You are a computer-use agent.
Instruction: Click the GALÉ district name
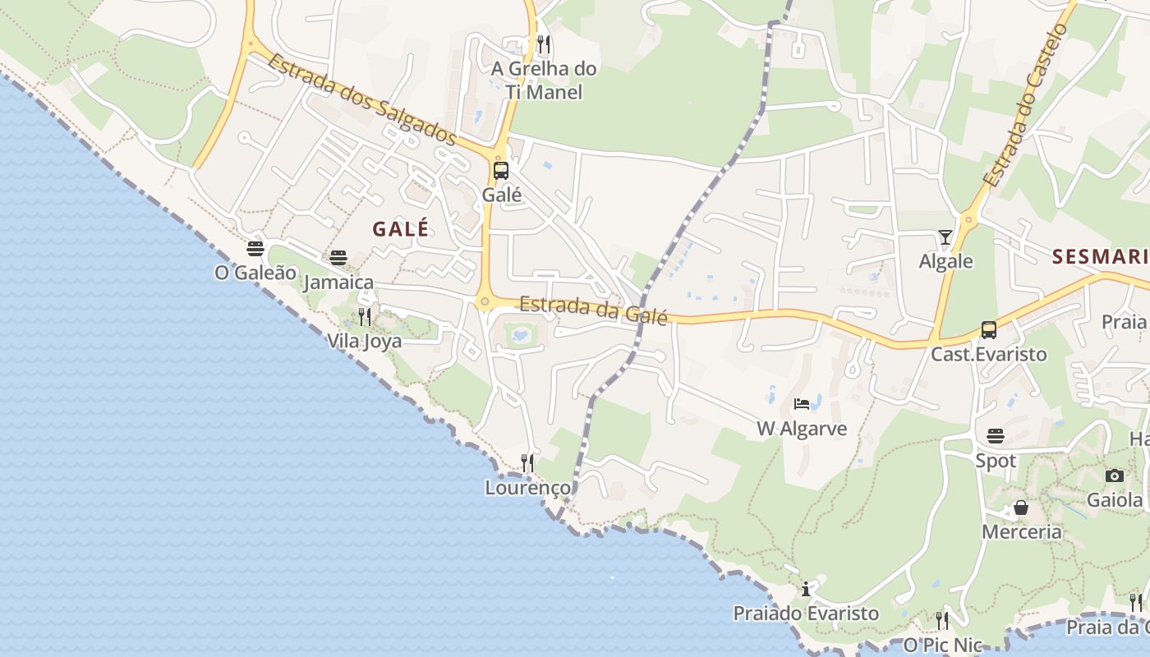coord(401,229)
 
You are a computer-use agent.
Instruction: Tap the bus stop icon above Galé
coord(501,171)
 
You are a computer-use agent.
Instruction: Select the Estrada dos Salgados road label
coord(361,99)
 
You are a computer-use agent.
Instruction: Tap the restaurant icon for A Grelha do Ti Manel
coord(543,44)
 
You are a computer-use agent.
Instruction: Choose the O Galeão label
coord(255,272)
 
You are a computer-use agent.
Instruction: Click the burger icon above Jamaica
coord(338,258)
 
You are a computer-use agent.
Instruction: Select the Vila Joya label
coord(365,340)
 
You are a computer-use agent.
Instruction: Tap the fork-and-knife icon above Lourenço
coord(527,463)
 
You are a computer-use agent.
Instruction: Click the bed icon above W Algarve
coord(802,403)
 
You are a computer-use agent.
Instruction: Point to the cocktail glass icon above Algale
coord(945,237)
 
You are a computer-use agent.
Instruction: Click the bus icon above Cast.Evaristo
coord(989,330)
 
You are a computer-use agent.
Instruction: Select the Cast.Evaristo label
coord(989,354)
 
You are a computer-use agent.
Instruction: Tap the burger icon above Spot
coord(996,435)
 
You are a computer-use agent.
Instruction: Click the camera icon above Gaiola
coord(1115,476)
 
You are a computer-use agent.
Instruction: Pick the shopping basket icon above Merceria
coord(1021,508)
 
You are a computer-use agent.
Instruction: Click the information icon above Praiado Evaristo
coord(806,589)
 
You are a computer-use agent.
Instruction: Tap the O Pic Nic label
coord(942,645)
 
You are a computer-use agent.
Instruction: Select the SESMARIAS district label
coord(1101,257)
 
